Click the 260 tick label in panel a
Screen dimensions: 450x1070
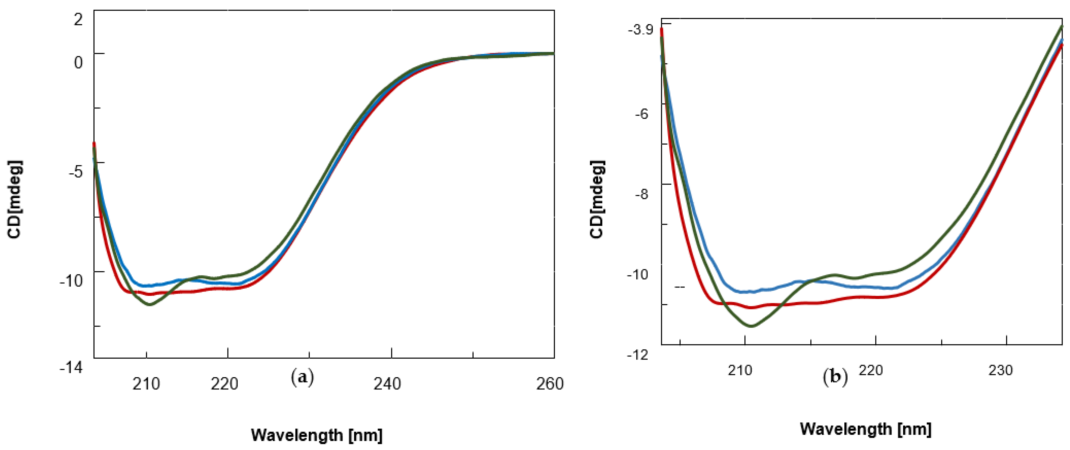pyautogui.click(x=549, y=384)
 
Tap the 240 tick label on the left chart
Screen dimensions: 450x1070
pyautogui.click(x=387, y=384)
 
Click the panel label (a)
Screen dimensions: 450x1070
pyautogui.click(x=302, y=377)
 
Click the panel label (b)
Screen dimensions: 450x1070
pyautogui.click(x=835, y=377)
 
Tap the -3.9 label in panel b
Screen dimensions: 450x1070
pyautogui.click(x=640, y=30)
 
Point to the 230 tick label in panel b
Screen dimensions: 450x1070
pyautogui.click(x=1000, y=370)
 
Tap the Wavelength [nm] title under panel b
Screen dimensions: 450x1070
pyautogui.click(x=866, y=429)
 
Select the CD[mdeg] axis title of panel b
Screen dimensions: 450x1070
pyautogui.click(x=597, y=199)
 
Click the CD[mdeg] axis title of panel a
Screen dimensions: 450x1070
pyautogui.click(x=14, y=199)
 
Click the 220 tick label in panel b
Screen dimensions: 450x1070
pyautogui.click(x=871, y=370)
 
